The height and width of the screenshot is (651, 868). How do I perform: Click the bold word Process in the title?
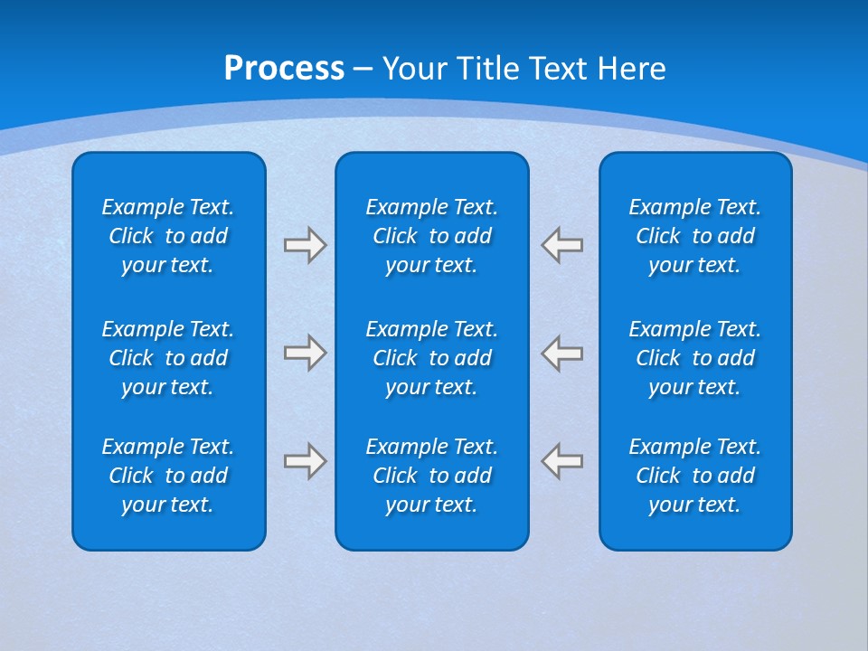[284, 69]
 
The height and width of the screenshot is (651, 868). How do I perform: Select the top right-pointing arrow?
[305, 245]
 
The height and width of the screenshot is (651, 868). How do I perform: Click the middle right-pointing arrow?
[305, 353]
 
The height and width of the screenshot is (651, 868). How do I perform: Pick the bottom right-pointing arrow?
[305, 461]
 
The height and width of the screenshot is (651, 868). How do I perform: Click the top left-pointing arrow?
[562, 245]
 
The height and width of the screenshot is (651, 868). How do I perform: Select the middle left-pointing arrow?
[562, 353]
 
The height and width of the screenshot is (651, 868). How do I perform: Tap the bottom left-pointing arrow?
[562, 461]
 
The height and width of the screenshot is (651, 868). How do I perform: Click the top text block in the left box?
[168, 236]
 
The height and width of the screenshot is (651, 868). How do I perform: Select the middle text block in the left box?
[168, 358]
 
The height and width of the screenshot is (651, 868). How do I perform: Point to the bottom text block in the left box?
[168, 476]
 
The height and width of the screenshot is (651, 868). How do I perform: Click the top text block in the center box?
[431, 236]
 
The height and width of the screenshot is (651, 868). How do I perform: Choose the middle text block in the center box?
[431, 358]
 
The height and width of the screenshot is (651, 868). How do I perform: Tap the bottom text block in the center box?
[431, 476]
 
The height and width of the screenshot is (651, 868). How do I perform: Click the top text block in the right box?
[694, 236]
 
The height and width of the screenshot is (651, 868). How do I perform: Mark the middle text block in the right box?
[694, 358]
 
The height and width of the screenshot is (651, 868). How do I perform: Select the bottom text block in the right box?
[694, 476]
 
